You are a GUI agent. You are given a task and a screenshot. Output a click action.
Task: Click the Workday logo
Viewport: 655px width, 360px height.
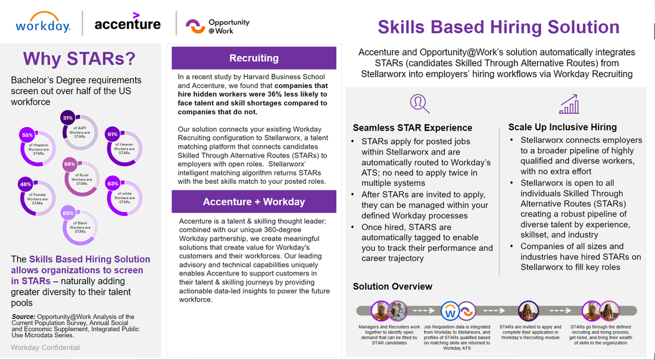tap(43, 23)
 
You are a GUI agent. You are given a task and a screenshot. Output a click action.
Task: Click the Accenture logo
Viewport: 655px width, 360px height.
tap(127, 23)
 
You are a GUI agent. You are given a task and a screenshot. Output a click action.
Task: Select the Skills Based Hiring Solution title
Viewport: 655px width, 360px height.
tap(498, 27)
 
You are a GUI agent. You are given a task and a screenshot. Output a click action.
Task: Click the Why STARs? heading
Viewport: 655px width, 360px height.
tap(79, 59)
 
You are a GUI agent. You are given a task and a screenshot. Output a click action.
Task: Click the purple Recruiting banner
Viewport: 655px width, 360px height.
tap(254, 58)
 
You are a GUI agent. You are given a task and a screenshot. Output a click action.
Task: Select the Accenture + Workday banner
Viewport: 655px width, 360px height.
tap(254, 202)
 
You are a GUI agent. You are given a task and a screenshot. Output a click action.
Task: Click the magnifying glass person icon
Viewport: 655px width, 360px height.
tap(419, 103)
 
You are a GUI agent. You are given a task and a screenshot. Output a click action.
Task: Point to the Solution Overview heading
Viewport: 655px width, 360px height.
tap(392, 286)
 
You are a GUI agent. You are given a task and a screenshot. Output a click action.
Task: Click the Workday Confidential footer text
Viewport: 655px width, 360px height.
tap(45, 348)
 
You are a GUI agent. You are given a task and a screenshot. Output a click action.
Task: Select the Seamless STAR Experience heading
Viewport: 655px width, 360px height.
tap(412, 127)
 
